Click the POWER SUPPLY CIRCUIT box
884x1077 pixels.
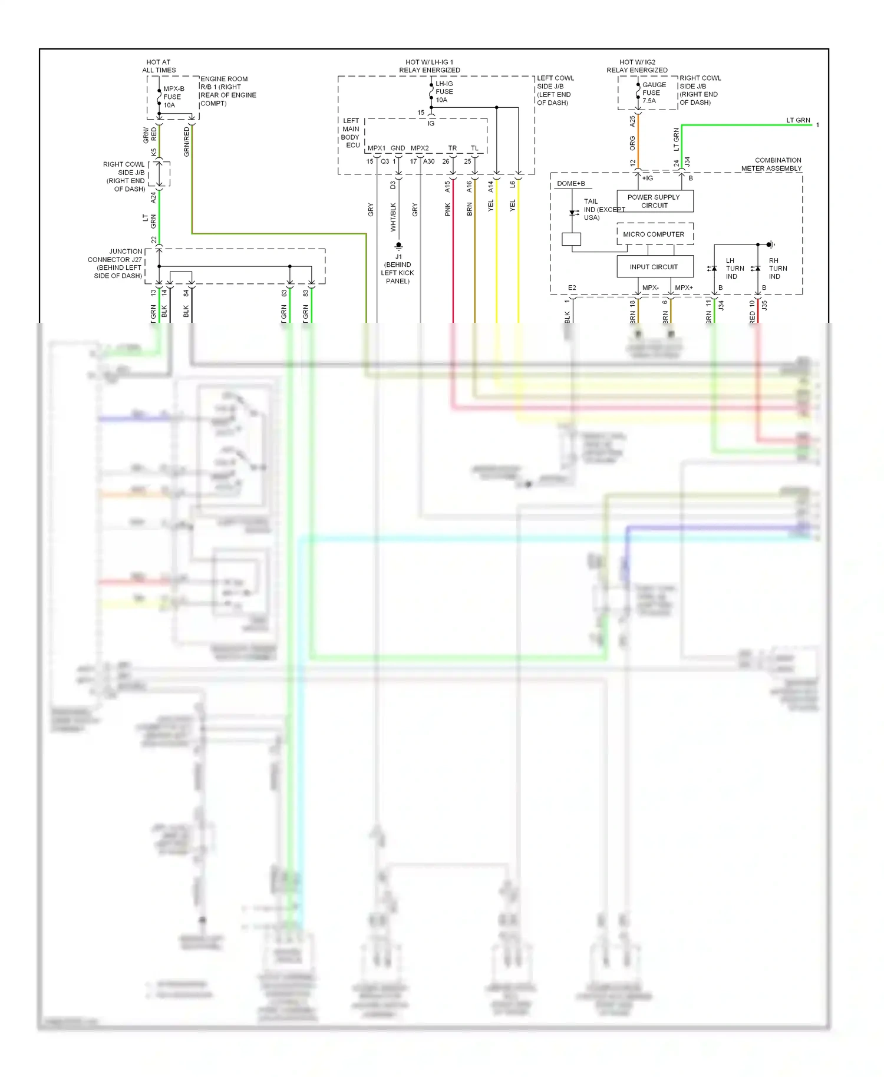click(x=654, y=201)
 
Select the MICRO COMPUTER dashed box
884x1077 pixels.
click(x=654, y=234)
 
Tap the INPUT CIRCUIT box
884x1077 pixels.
click(x=654, y=267)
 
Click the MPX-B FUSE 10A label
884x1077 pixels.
click(x=173, y=97)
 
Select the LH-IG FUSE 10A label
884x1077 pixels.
click(x=444, y=92)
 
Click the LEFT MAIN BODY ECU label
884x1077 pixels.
click(x=351, y=133)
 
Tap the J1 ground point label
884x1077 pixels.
click(x=398, y=269)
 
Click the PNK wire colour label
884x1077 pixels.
click(x=448, y=209)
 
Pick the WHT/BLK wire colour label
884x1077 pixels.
click(x=393, y=217)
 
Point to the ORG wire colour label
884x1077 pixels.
click(x=632, y=143)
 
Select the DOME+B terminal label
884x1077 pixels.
click(x=570, y=184)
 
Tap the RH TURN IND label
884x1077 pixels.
click(x=777, y=269)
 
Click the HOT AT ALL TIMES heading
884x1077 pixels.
click(x=159, y=66)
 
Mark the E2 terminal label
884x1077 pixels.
click(x=572, y=288)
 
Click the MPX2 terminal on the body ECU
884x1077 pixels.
click(x=420, y=148)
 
